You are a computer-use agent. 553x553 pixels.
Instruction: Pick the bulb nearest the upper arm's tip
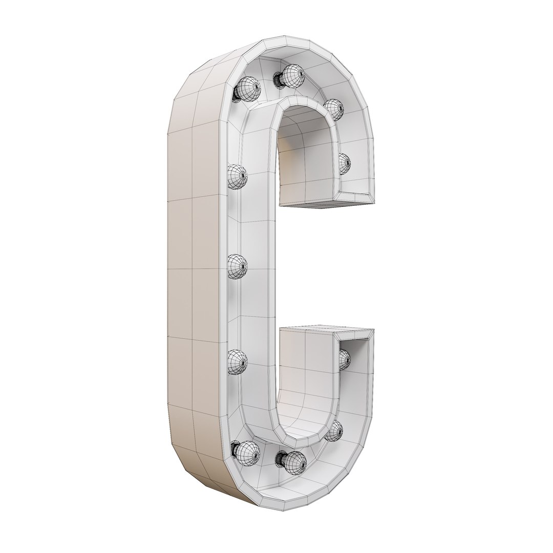click(345, 163)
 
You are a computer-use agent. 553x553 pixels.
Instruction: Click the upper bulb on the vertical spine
click(237, 176)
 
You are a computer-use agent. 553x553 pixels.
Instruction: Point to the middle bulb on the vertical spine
click(238, 266)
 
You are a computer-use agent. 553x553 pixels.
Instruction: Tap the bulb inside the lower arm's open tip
click(345, 359)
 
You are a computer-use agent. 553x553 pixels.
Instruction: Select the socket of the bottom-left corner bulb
click(235, 450)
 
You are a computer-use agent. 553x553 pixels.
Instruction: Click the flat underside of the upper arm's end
click(328, 205)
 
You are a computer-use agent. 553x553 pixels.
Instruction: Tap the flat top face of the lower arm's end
click(328, 327)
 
